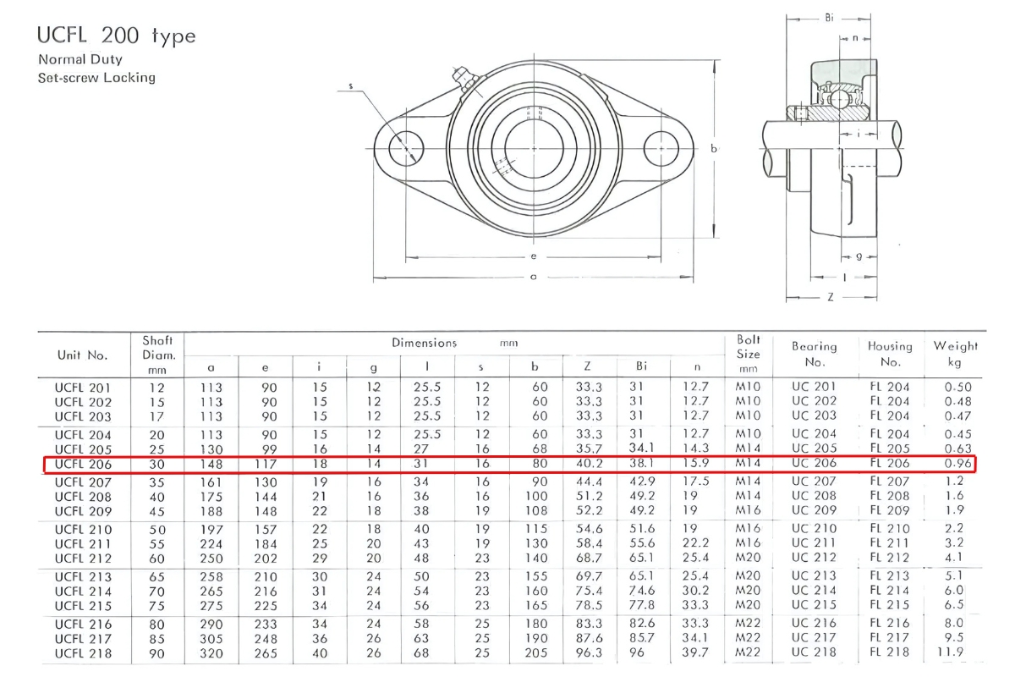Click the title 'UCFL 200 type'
coord(117,36)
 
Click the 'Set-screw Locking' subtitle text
coord(96,78)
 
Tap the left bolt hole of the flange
coord(406,149)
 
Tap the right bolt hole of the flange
coord(661,149)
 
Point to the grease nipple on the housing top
coord(460,76)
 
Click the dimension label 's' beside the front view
coord(350,85)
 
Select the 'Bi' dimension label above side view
coord(828,16)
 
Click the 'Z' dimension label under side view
coord(830,297)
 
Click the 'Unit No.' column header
coord(81,355)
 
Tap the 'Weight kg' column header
coord(955,354)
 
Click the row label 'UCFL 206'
coord(82,464)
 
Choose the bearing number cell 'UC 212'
coord(814,557)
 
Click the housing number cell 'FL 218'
coord(889,652)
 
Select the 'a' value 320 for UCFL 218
coord(210,652)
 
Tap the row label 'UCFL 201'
coord(82,388)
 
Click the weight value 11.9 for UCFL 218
coord(955,652)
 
